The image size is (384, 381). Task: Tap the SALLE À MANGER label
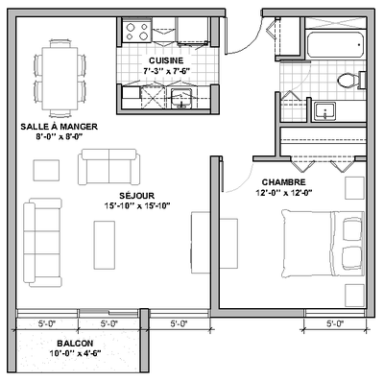59,126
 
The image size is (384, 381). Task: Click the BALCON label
74,343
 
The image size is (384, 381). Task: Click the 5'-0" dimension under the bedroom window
334,323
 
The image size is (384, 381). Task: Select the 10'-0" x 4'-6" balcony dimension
74,354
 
